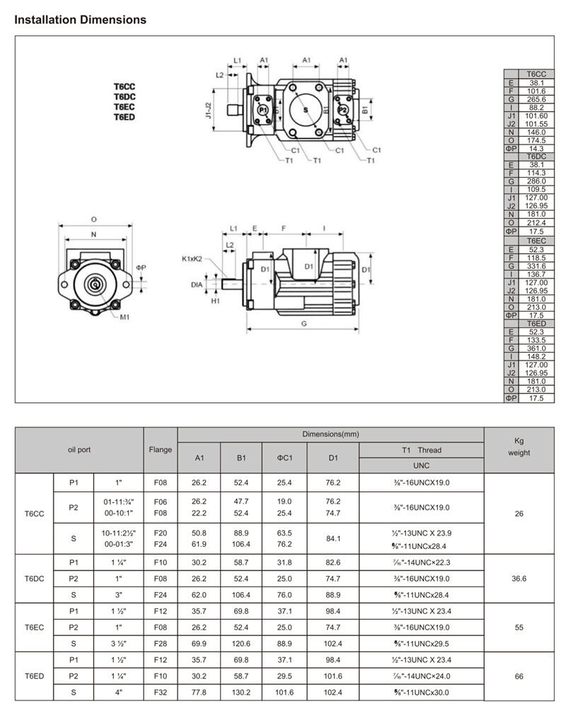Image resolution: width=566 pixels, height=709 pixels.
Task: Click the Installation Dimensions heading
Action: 81,19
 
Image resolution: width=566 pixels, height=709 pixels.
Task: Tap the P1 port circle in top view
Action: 263,109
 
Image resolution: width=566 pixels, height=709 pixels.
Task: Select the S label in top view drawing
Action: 306,110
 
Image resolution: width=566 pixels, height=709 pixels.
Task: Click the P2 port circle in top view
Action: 342,109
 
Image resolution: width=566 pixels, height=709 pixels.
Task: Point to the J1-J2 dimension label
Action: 208,110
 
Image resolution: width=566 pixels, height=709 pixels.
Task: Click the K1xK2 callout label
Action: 192,259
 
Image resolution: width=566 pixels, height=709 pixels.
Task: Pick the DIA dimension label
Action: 197,285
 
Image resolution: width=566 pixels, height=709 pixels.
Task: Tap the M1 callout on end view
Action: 125,317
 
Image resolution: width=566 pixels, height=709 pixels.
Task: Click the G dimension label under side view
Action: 304,324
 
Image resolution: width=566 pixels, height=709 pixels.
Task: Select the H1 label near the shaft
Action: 215,301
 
